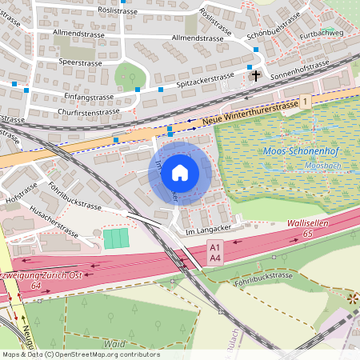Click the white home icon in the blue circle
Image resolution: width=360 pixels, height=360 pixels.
click(180, 172)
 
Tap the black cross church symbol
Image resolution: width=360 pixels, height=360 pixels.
click(256, 76)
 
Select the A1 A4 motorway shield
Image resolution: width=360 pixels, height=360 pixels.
click(214, 254)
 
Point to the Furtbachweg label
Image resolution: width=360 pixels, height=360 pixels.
click(318, 34)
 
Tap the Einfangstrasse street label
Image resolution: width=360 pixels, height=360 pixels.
click(88, 97)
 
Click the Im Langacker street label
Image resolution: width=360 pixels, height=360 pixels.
click(201, 230)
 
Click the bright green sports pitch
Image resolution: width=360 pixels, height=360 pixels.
click(116, 238)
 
